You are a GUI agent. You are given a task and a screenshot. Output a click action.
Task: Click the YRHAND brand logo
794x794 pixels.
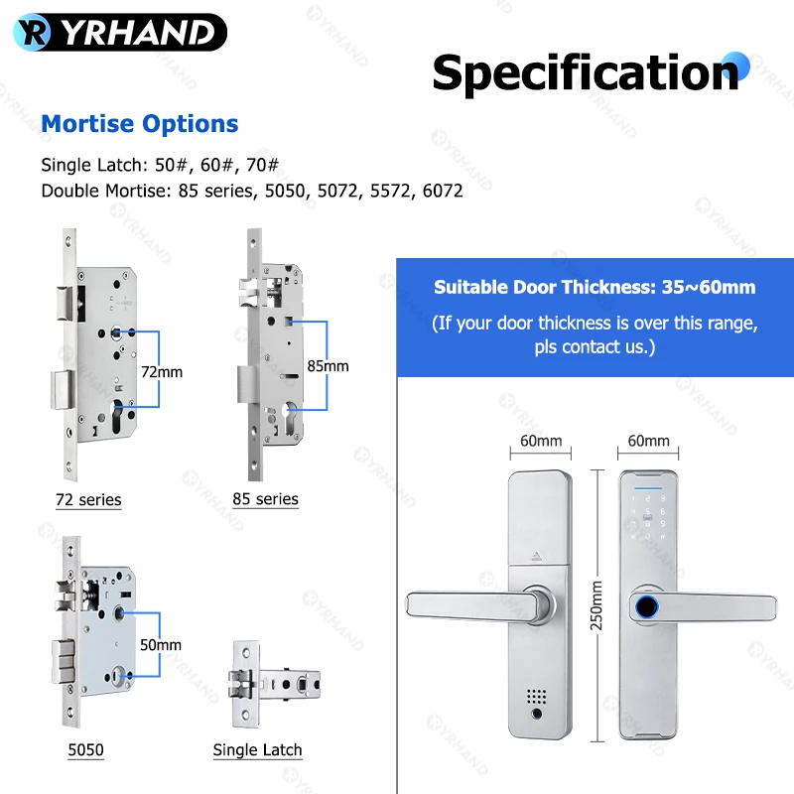120,33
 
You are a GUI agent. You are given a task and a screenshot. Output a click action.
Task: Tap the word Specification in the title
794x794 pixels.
586,72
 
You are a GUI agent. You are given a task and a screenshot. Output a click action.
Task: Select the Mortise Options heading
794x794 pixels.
139,123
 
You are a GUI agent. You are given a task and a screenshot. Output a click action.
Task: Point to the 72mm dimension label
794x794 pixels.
162,371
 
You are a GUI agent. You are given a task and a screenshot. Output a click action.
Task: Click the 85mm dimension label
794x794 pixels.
328,365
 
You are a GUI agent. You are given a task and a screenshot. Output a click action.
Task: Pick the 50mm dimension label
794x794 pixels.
161,644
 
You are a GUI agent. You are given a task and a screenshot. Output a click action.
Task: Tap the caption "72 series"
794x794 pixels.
88,500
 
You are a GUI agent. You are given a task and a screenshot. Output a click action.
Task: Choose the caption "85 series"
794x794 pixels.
265,499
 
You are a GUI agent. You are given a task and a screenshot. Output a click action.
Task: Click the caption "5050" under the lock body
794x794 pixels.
85,749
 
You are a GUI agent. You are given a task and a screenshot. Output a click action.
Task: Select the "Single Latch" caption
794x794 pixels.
257,749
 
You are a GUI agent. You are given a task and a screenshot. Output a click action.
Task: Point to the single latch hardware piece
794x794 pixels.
274,684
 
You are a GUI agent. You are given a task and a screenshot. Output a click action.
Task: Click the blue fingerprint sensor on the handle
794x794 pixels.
647,606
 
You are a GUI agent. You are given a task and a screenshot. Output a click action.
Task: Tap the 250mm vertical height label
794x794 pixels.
596,605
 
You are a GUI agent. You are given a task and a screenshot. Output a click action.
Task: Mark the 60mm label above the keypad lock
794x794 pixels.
648,441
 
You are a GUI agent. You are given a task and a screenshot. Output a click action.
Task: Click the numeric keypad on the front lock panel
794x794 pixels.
648,517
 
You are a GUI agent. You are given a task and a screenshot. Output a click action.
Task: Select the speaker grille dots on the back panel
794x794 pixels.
536,697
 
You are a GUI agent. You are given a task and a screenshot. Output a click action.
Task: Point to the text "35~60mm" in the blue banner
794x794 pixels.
709,287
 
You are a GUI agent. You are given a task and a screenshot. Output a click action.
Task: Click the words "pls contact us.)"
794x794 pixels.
595,346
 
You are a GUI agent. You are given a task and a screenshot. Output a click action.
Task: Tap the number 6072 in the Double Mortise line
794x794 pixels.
442,191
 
